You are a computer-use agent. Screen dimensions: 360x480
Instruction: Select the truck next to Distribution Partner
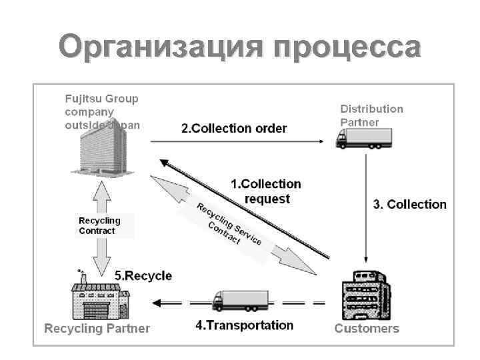point(363,138)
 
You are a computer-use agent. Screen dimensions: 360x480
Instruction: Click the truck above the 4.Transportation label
point(240,301)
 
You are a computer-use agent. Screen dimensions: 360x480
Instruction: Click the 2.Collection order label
point(234,128)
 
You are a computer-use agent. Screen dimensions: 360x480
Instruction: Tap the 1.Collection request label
point(266,191)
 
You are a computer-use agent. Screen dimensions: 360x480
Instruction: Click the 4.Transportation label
point(244,325)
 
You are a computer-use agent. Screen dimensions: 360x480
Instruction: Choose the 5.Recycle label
point(143,275)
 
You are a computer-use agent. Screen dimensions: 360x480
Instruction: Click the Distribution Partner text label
point(371,115)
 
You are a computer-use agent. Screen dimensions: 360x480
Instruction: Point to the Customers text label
point(367,328)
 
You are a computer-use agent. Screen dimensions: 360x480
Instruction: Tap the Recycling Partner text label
point(97,328)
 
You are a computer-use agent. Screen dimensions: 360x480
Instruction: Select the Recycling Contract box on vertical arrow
point(100,225)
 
